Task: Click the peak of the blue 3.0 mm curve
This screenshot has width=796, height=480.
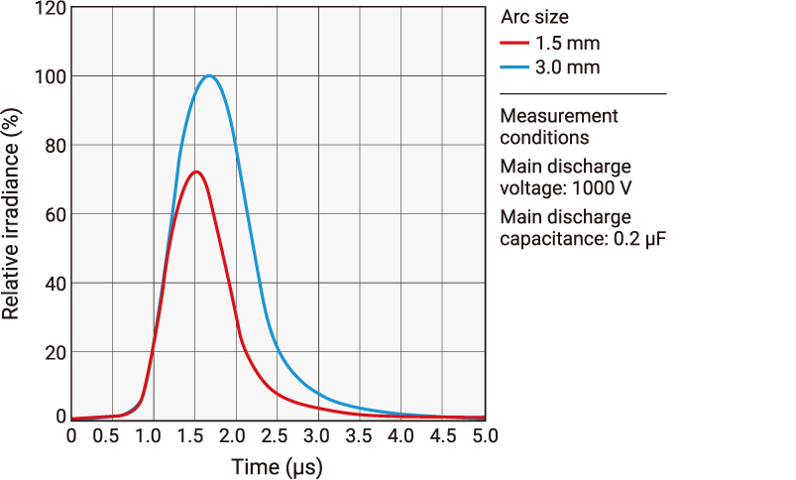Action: [209, 76]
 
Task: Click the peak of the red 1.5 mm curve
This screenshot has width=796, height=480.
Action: [196, 172]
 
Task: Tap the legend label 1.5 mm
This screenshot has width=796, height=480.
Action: [567, 44]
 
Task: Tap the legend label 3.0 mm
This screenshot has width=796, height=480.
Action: [567, 67]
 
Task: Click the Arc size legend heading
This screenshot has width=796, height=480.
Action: [534, 17]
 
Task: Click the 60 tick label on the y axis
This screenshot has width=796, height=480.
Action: [55, 215]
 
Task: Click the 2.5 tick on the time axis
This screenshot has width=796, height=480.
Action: [278, 435]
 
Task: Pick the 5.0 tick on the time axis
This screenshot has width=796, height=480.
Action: [485, 435]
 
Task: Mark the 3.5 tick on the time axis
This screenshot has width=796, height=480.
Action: [361, 435]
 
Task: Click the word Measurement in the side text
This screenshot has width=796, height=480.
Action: [559, 116]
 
